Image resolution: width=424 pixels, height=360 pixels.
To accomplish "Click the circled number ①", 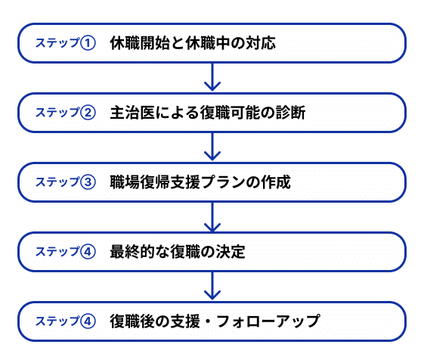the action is pyautogui.click(x=88, y=43).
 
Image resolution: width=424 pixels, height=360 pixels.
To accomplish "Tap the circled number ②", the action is pyautogui.click(x=88, y=113).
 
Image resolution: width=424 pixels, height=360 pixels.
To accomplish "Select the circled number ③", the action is pyautogui.click(x=88, y=182).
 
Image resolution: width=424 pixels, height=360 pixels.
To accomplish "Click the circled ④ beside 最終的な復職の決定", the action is pyautogui.click(x=88, y=252).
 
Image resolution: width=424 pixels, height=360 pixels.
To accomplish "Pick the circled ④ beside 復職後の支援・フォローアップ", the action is pyautogui.click(x=88, y=321).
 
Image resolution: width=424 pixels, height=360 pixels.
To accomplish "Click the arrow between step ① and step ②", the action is pyautogui.click(x=212, y=77).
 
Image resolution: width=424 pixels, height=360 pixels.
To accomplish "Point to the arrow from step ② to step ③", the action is pyautogui.click(x=212, y=147).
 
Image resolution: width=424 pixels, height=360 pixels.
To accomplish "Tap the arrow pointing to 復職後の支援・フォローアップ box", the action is pyautogui.click(x=212, y=286).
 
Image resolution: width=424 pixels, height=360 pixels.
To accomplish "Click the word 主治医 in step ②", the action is pyautogui.click(x=132, y=113).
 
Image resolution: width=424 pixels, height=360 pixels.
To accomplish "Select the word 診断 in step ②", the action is pyautogui.click(x=291, y=113).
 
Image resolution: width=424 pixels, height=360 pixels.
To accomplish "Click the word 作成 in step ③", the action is pyautogui.click(x=276, y=182).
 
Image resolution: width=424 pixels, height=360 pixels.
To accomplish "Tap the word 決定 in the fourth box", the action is pyautogui.click(x=230, y=252).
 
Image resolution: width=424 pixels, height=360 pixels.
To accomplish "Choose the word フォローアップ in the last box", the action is pyautogui.click(x=268, y=321).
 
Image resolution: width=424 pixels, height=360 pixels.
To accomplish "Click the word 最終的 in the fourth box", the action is pyautogui.click(x=132, y=252).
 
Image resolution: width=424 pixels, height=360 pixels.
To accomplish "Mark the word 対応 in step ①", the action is pyautogui.click(x=261, y=43).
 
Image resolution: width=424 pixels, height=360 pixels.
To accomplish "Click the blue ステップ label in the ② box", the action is pyautogui.click(x=57, y=113).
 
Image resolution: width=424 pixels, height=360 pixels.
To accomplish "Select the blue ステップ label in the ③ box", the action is pyautogui.click(x=57, y=182).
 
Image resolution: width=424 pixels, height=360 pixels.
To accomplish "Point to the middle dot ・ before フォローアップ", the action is pyautogui.click(x=208, y=321).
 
